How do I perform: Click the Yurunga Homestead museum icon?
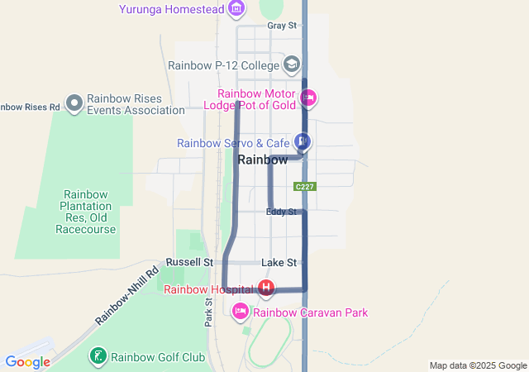tap(237, 9)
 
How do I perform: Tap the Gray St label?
tap(281, 26)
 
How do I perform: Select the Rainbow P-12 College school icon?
tap(291, 64)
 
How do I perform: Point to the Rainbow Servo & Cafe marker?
tap(303, 142)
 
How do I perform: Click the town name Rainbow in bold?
tap(263, 160)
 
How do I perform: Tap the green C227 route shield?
tap(304, 187)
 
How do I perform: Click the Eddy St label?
tap(281, 212)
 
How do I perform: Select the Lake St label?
tap(279, 263)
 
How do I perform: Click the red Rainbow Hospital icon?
tap(266, 289)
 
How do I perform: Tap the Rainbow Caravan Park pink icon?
tap(241, 312)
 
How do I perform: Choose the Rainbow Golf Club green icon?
tap(98, 357)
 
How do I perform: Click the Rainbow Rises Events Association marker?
tap(74, 103)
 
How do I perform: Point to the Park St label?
tap(208, 311)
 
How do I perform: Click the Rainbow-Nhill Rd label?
tap(126, 295)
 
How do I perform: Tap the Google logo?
tap(27, 361)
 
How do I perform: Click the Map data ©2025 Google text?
tap(478, 365)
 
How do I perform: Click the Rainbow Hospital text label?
tap(210, 289)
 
